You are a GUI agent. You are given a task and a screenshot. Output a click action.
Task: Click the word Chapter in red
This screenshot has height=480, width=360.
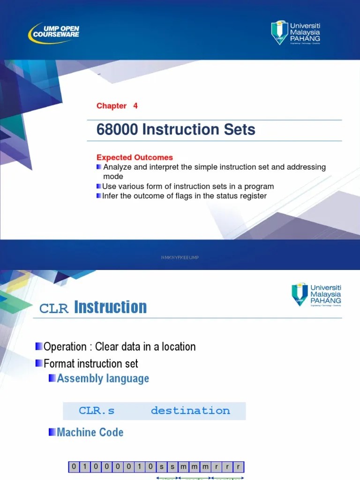(x=112, y=106)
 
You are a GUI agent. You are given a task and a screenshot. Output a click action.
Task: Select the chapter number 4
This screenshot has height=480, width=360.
(x=135, y=106)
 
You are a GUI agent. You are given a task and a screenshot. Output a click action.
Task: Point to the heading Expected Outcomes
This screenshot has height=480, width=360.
(x=135, y=157)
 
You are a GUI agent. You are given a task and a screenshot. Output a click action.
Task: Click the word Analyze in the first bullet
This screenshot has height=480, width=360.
(x=118, y=167)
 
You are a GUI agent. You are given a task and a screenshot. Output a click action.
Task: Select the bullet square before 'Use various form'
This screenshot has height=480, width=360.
(x=99, y=187)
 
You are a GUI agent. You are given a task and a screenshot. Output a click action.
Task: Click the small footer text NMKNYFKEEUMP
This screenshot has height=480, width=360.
(x=180, y=257)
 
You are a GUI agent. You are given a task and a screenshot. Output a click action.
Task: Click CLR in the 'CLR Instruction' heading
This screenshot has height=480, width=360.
(x=54, y=308)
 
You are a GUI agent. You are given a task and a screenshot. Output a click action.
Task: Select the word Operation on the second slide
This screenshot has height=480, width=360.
(x=65, y=347)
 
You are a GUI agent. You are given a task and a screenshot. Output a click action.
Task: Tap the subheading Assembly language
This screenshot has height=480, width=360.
(x=103, y=379)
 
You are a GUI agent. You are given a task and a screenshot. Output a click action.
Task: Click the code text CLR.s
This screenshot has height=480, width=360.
(x=97, y=411)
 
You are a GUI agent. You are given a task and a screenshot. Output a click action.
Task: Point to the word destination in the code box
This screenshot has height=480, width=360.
(x=190, y=411)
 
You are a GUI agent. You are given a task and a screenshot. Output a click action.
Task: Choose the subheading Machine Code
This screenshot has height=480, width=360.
(x=90, y=432)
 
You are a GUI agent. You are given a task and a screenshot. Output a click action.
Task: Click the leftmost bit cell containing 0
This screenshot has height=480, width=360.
(x=74, y=467)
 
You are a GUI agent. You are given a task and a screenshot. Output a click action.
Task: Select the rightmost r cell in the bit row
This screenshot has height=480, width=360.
(x=239, y=467)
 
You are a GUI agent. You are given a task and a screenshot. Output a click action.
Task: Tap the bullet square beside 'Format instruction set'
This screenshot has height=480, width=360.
(x=39, y=363)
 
